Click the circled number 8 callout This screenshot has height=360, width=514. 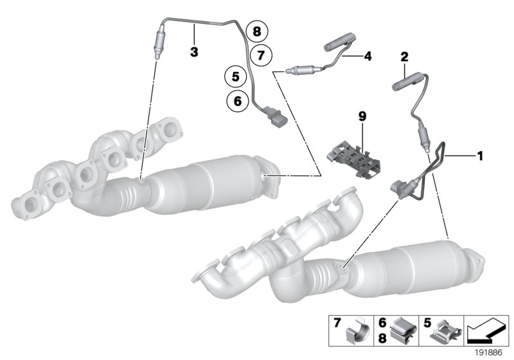(257, 30)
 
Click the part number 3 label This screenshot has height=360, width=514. (193, 50)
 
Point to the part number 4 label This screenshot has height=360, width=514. (368, 57)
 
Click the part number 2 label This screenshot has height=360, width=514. (405, 57)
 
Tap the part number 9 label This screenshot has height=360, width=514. (362, 116)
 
